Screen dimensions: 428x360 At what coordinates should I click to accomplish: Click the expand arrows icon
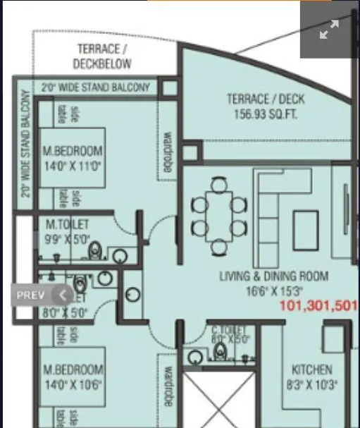(x=329, y=30)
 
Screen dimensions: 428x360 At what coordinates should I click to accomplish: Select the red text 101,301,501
(x=318, y=306)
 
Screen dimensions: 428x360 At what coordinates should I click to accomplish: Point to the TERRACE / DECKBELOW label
(x=102, y=56)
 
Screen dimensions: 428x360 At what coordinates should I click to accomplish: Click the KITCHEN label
(x=312, y=370)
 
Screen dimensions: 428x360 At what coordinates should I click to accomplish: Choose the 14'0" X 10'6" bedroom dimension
(x=73, y=384)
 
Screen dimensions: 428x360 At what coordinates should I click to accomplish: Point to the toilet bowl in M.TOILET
(x=97, y=249)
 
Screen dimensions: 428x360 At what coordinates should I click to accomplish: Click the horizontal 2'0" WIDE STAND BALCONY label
(x=94, y=87)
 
